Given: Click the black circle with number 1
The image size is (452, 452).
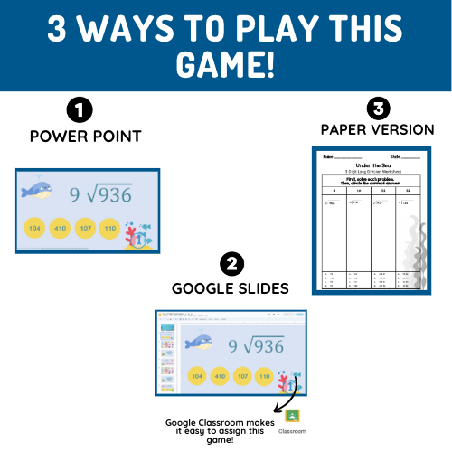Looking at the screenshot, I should coord(80,111).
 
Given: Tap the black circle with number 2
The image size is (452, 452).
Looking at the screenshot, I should coord(231,265).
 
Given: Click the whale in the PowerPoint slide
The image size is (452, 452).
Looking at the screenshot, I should coord(38,191).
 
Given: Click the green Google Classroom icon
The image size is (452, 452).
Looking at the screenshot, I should coord(291,417).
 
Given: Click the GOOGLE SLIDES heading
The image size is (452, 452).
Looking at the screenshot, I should coord(231,288).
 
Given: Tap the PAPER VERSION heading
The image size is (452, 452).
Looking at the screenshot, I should coord(378,129).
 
